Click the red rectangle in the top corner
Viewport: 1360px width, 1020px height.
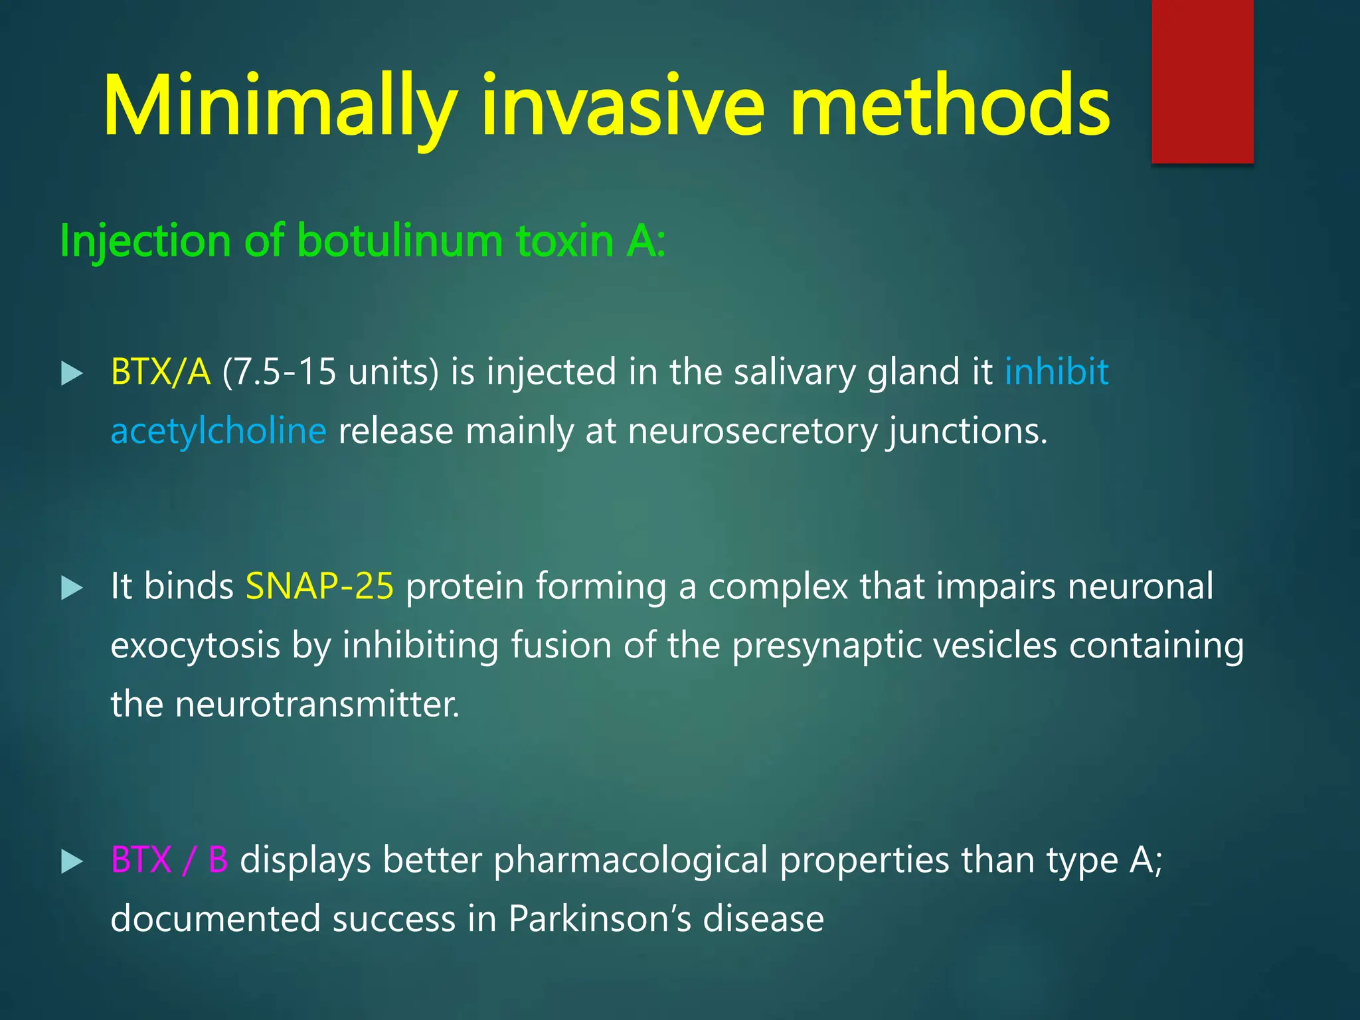tap(1202, 81)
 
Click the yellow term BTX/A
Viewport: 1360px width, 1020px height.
tap(161, 372)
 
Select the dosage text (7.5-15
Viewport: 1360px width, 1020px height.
tap(279, 372)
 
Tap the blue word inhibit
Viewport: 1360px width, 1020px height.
tap(1056, 372)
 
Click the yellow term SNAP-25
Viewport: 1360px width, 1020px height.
tap(319, 586)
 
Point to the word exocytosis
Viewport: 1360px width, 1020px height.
tap(195, 645)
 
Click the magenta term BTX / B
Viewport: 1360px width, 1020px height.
tap(169, 860)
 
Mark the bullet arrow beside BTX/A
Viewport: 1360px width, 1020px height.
tap(72, 374)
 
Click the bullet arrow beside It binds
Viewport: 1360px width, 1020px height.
tap(72, 588)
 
